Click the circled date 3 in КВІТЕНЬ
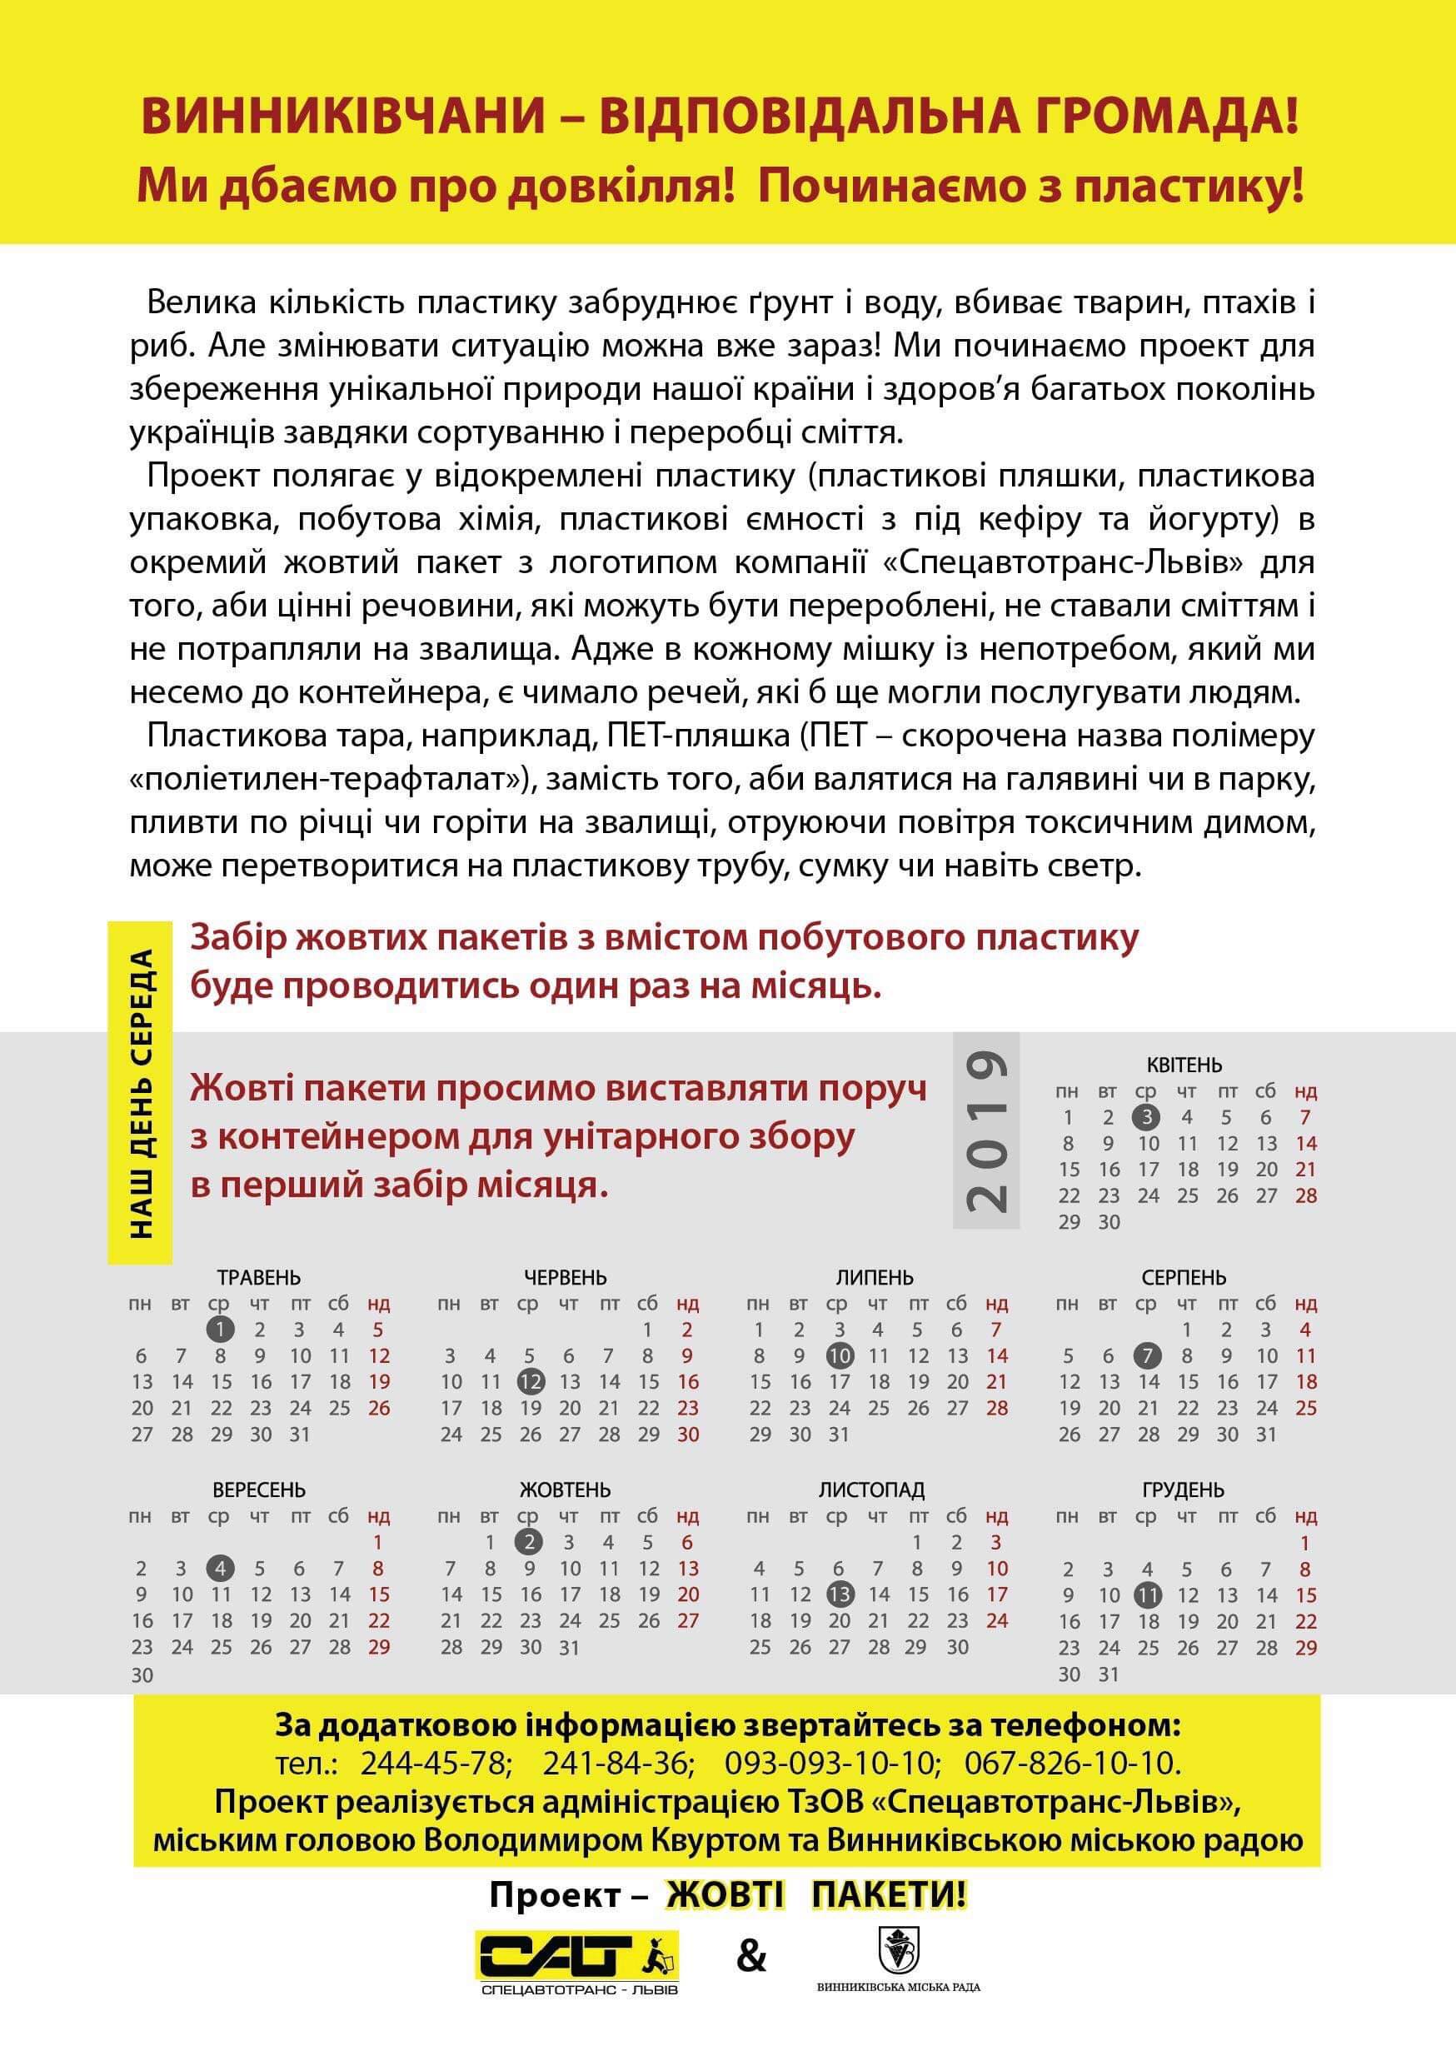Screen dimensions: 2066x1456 (1146, 1118)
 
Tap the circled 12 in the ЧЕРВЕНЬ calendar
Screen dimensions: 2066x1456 (530, 1381)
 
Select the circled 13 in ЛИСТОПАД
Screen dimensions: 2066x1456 (839, 1594)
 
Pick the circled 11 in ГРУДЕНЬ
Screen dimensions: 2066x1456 (1147, 1595)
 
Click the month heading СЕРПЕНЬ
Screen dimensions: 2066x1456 (1184, 1277)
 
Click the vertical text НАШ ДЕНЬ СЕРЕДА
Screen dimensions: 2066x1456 (142, 1092)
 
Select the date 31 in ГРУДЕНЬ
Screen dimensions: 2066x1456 (1109, 1674)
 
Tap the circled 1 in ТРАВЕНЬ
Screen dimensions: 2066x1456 (221, 1329)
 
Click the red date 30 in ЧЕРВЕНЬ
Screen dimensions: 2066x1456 (687, 1434)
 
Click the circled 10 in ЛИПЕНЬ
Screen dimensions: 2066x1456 (839, 1355)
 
